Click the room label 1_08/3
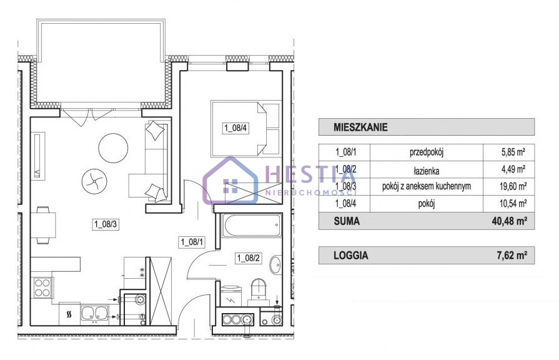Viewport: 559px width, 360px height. tap(106, 224)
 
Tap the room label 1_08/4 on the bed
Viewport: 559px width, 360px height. tap(235, 127)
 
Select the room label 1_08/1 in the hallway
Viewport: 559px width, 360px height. tap(192, 242)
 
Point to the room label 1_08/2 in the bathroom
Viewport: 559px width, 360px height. tap(249, 257)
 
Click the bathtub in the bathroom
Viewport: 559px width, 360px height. tap(252, 226)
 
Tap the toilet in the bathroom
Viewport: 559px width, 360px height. tap(259, 290)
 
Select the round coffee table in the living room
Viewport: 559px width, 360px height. tap(113, 147)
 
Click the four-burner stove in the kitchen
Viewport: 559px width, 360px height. tap(42, 288)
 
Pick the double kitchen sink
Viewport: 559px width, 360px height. tap(94, 314)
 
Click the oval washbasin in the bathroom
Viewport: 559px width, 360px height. tap(275, 265)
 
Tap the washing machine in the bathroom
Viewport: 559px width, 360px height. tap(230, 296)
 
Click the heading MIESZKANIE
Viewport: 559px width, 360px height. tap(360, 127)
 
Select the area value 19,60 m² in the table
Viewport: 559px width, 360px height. tap(514, 186)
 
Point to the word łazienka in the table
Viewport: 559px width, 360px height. tap(427, 171)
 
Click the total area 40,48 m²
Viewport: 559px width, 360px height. tap(510, 221)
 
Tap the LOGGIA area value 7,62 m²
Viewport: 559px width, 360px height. tap(512, 256)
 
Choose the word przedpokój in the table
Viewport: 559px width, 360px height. tap(427, 152)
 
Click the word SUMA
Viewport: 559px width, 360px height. tap(347, 221)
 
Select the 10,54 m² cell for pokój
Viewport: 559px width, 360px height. tap(513, 204)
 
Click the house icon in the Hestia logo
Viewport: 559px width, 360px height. tap(230, 181)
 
